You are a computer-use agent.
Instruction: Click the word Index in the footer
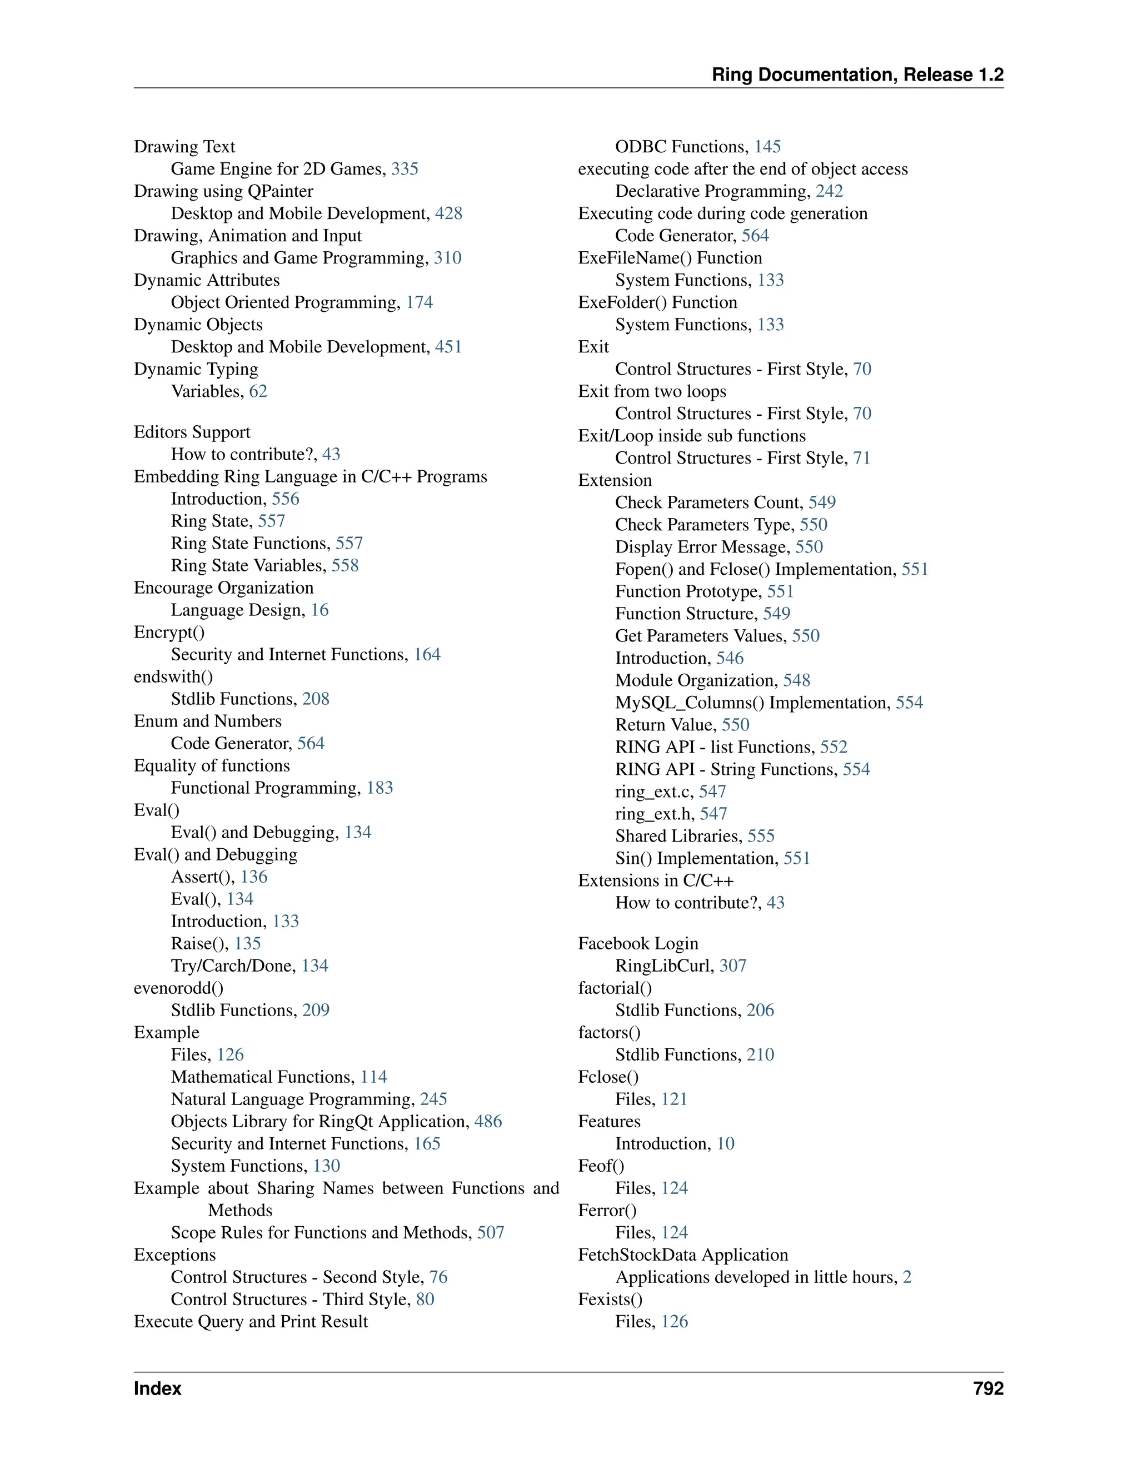[157, 1388]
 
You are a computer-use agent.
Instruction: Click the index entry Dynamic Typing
[196, 369]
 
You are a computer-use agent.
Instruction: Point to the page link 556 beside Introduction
[285, 499]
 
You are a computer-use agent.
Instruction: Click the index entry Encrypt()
[169, 632]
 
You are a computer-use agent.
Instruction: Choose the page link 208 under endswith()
[316, 699]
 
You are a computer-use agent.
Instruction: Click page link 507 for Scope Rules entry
[490, 1232]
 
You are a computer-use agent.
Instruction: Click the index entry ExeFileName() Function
[670, 258]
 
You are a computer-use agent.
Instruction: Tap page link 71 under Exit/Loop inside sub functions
[862, 458]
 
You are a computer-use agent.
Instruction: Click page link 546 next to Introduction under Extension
[730, 658]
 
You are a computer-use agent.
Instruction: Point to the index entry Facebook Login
[638, 944]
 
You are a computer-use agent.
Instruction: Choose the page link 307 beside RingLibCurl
[732, 966]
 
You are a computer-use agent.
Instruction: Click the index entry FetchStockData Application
[683, 1255]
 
